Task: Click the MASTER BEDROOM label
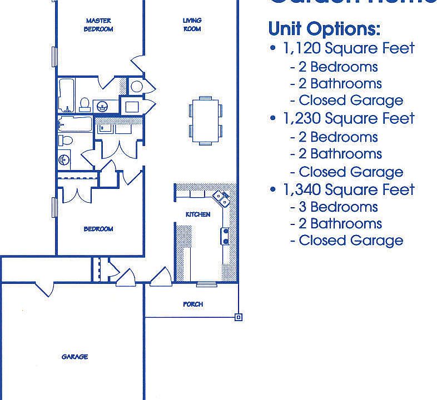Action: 99,25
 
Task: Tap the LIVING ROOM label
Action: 192,24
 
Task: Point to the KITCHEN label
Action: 198,214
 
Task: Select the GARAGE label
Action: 75,357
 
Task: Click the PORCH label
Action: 193,304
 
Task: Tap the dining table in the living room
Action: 205,119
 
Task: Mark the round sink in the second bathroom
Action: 64,160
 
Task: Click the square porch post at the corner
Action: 239,317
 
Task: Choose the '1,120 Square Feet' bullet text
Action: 349,48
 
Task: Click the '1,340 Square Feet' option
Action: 349,190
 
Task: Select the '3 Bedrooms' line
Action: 334,207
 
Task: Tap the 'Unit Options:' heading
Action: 324,28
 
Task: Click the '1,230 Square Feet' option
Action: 349,118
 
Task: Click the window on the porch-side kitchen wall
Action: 206,283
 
